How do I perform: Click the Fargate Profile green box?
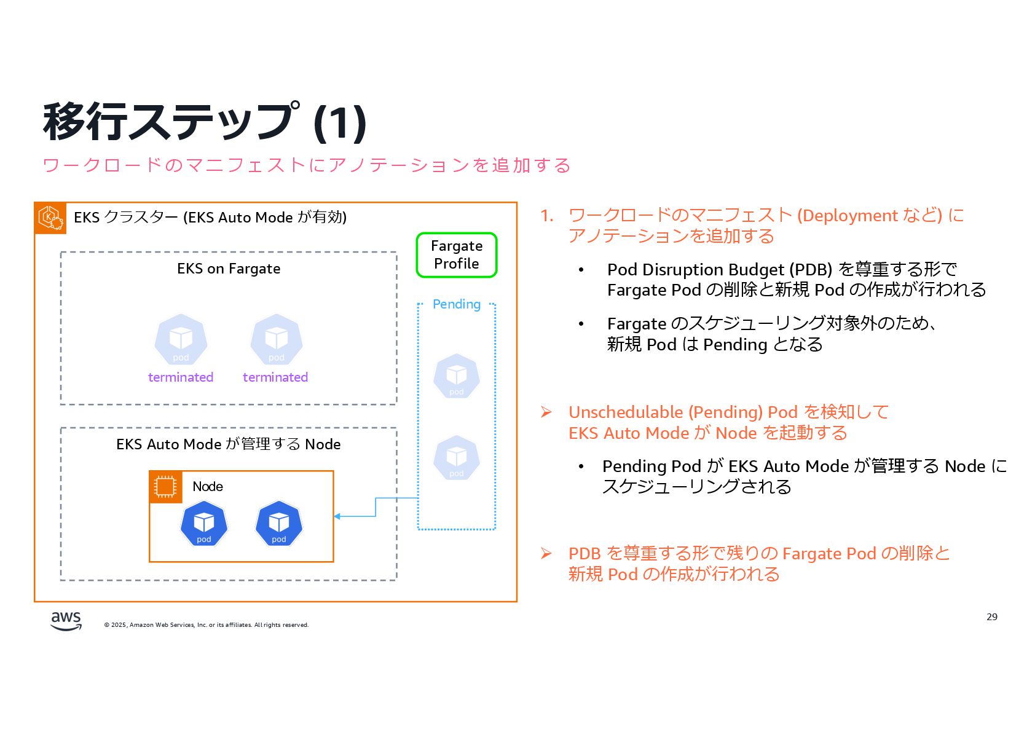(x=456, y=255)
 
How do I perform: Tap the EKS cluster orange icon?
(x=50, y=218)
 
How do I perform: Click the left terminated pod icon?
(x=181, y=340)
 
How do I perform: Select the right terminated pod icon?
(x=277, y=340)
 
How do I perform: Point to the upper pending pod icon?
(x=456, y=376)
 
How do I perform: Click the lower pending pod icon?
(x=456, y=457)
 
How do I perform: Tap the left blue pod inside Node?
(x=204, y=524)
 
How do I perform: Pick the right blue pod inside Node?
(x=279, y=524)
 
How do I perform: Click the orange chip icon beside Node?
(x=165, y=487)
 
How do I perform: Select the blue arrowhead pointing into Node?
(x=337, y=516)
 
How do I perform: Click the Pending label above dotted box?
(x=456, y=304)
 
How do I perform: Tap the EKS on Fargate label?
(x=229, y=269)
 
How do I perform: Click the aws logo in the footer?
(x=66, y=620)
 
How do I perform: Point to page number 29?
(x=991, y=616)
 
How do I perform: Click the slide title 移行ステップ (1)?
(x=205, y=122)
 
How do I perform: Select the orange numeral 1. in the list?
(x=546, y=216)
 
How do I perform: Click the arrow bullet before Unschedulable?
(x=546, y=412)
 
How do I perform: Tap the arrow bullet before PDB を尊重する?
(x=546, y=554)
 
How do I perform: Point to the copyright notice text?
(x=207, y=625)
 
